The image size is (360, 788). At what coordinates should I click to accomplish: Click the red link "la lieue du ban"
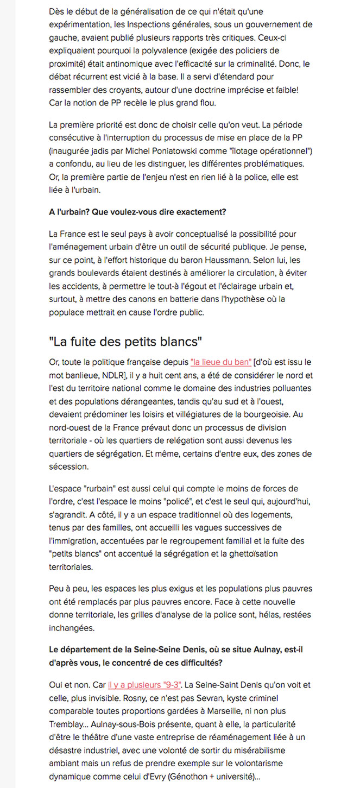[221, 362]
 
